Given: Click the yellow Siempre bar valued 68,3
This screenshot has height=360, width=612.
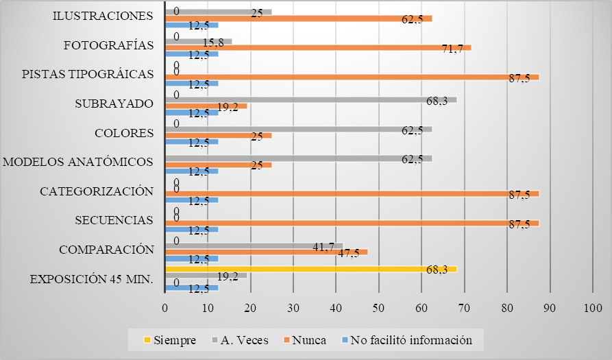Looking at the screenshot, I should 311,269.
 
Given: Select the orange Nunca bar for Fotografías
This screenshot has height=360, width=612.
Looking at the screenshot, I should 318,47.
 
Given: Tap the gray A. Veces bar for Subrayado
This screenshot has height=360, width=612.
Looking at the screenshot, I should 311,99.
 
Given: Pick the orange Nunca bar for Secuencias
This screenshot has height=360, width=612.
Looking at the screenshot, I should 352,223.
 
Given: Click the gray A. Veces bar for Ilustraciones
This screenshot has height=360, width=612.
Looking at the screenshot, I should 219,12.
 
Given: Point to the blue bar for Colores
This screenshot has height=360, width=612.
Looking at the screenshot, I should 192,142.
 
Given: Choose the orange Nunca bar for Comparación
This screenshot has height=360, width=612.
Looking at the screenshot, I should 267,252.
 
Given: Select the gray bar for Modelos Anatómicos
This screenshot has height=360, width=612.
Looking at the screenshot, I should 299,158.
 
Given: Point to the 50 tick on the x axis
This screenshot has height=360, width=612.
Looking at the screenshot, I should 379,309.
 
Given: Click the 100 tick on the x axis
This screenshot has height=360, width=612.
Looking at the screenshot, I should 592,309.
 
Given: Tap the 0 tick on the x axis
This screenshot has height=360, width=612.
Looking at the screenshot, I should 165,309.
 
